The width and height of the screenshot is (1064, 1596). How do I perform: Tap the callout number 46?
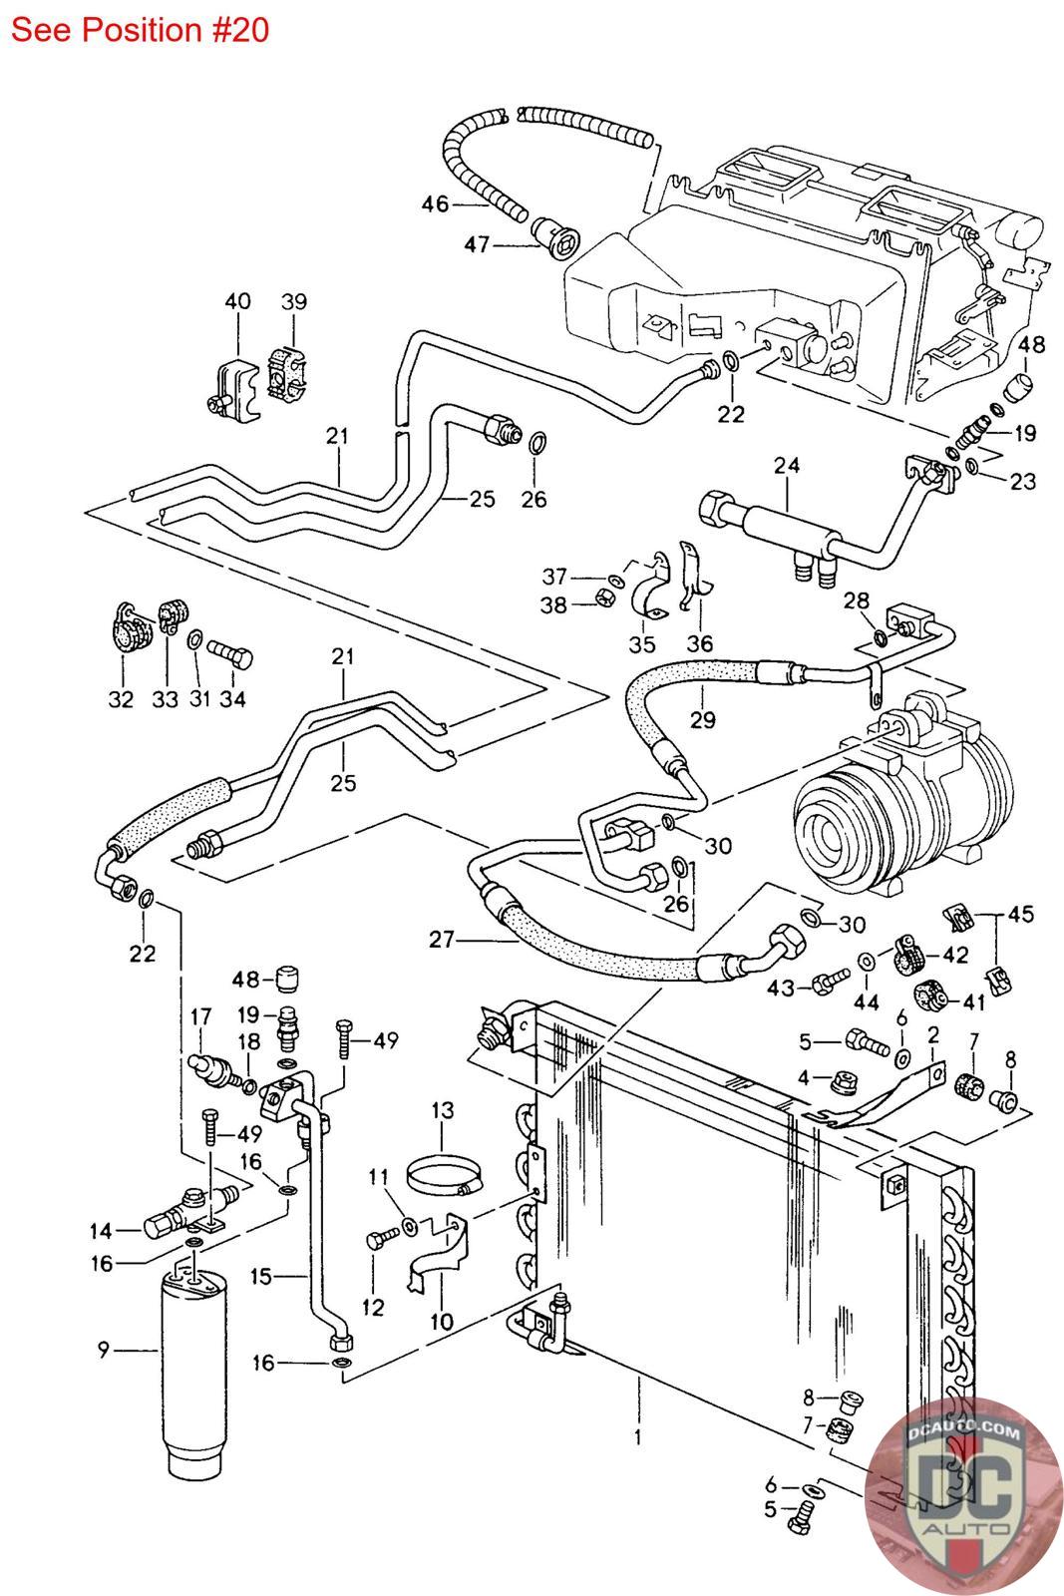tap(435, 204)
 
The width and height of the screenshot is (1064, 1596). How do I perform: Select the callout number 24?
tap(787, 466)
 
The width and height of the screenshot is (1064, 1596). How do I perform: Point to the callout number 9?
tap(103, 1351)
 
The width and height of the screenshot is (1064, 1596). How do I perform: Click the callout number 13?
tap(442, 1109)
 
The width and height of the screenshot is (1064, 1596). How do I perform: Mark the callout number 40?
tap(237, 301)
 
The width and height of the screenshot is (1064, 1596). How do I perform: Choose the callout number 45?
tap(1021, 914)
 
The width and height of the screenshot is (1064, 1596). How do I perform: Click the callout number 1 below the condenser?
tap(637, 1437)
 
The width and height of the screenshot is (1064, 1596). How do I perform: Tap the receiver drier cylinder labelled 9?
tap(195, 1367)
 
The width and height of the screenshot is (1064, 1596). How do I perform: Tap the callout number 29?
tap(702, 719)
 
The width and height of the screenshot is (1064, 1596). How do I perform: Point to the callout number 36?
tap(700, 643)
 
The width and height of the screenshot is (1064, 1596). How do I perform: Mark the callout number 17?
tap(200, 1017)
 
